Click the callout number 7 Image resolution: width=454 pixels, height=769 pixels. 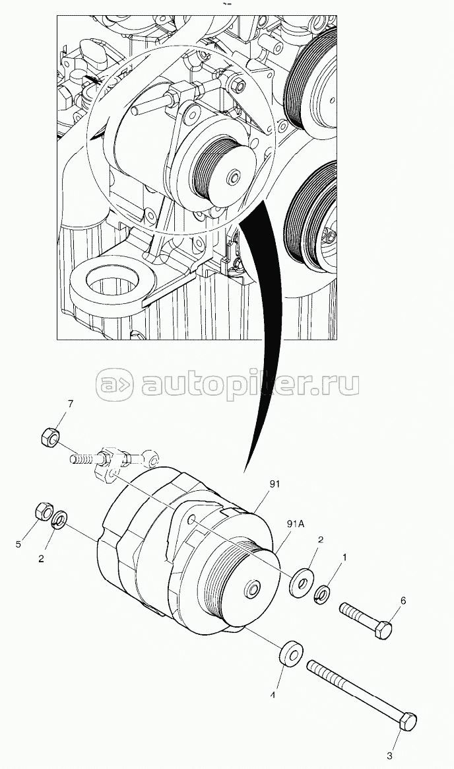(71, 404)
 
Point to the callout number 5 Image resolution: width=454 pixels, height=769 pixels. (18, 544)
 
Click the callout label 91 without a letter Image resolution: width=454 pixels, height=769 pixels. (275, 484)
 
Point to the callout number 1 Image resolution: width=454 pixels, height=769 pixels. (342, 558)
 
